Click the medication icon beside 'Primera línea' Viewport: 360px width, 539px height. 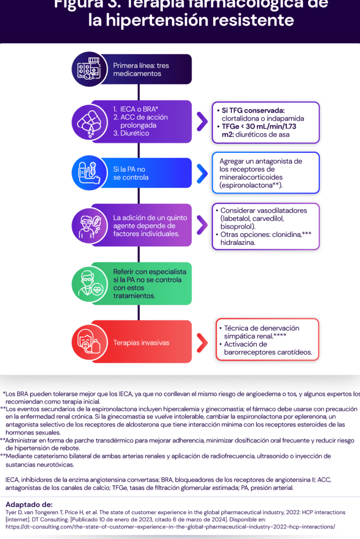[90, 69]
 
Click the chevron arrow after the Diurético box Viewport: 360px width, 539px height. [202, 121]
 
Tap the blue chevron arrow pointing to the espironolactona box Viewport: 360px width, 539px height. [202, 174]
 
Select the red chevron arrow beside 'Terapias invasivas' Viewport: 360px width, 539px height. [202, 342]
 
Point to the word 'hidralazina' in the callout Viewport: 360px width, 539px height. [238, 243]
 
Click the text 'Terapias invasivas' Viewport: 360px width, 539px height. [141, 343]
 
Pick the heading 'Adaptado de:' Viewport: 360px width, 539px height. [29, 505]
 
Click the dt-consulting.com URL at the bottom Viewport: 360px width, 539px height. [170, 527]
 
